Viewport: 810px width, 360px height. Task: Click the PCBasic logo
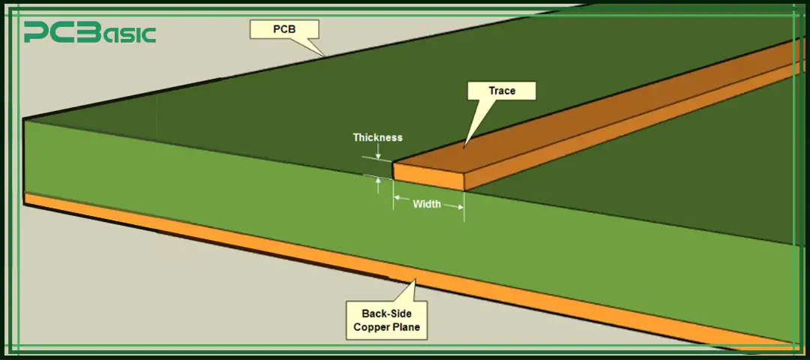[x=90, y=33]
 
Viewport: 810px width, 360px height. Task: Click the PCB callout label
[x=285, y=30]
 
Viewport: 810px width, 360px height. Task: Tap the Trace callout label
[x=502, y=91]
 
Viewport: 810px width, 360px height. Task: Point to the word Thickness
[x=377, y=138]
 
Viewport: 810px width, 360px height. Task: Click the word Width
[x=427, y=204]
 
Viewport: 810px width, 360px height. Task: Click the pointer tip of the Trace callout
[x=464, y=145]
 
